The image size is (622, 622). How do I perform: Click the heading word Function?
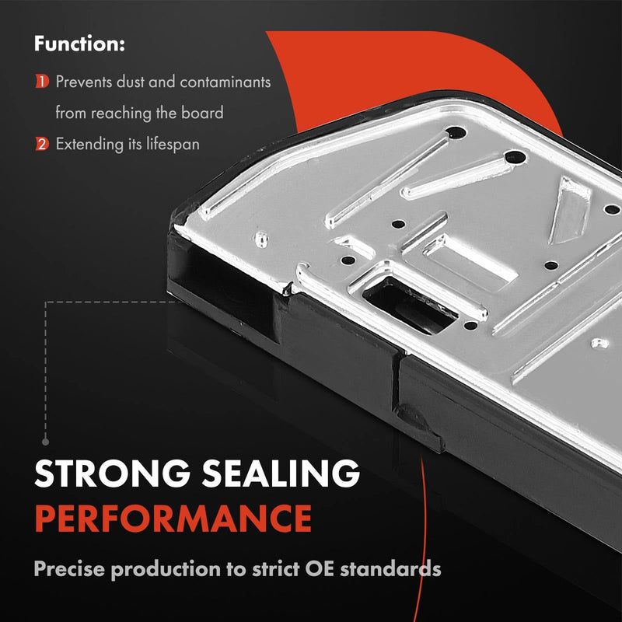(79, 44)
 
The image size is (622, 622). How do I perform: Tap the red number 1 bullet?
(42, 82)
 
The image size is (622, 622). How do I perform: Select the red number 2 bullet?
(42, 144)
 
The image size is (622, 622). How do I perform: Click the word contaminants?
(225, 82)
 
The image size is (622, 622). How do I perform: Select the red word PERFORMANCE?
(173, 518)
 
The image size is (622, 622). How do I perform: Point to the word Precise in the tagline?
(70, 569)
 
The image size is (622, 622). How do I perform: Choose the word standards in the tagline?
(391, 569)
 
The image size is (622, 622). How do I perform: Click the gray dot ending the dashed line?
(46, 442)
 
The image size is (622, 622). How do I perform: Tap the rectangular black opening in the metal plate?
(410, 306)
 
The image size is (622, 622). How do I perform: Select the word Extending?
(89, 145)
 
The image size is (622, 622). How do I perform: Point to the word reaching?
(122, 114)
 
